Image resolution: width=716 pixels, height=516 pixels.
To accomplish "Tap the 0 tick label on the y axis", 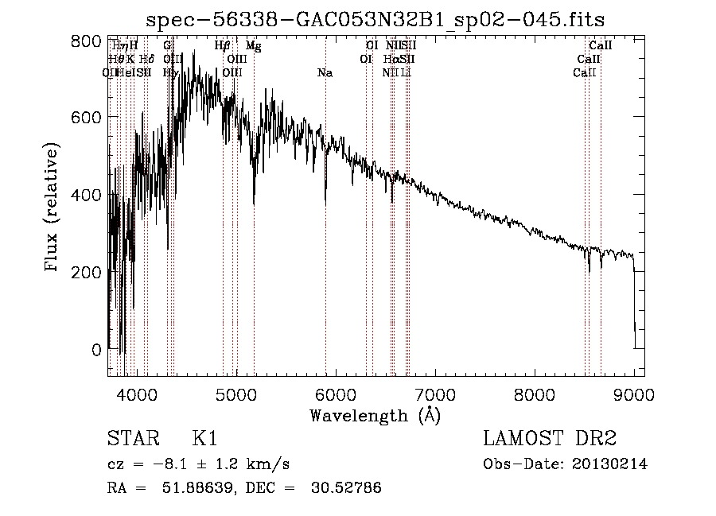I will tap(96, 349).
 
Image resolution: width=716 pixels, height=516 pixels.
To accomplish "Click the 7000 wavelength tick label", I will tap(435, 394).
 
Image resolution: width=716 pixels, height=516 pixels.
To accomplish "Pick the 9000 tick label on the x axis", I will tap(634, 394).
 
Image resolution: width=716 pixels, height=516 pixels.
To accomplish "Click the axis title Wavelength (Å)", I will tap(375, 415).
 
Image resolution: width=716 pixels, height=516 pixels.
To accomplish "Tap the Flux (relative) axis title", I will tap(53, 209).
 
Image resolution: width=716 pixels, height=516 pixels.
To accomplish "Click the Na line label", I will tap(325, 73).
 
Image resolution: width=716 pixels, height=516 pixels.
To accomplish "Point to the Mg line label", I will tap(253, 46).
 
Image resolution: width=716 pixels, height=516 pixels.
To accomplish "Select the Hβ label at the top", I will tap(223, 46).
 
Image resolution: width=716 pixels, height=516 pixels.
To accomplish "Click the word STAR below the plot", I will tap(132, 439).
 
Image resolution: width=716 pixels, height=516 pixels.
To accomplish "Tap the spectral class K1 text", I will tap(204, 439).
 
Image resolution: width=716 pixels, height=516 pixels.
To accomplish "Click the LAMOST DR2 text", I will tap(549, 439).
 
